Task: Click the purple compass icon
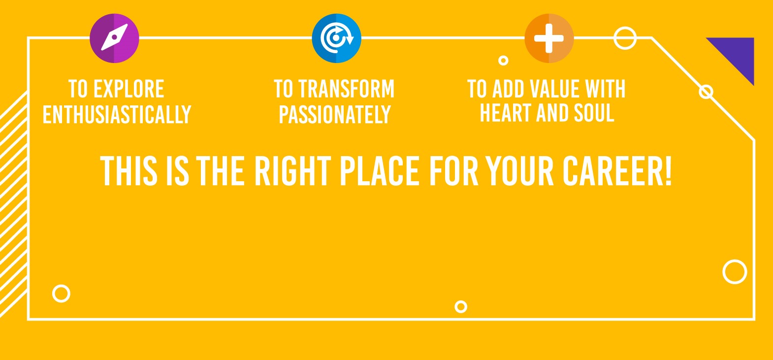tap(114, 38)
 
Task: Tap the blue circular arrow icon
tap(336, 38)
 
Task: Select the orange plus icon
tap(549, 38)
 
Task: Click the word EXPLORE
tap(129, 89)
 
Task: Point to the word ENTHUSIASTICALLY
tap(117, 114)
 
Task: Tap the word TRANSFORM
tap(346, 89)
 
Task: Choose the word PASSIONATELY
tap(335, 114)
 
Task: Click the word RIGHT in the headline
tap(293, 171)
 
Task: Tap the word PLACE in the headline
tap(380, 171)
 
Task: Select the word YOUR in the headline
tap(519, 171)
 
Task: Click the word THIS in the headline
tap(129, 171)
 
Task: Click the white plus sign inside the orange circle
tap(549, 38)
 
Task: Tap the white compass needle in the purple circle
tap(114, 37)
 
